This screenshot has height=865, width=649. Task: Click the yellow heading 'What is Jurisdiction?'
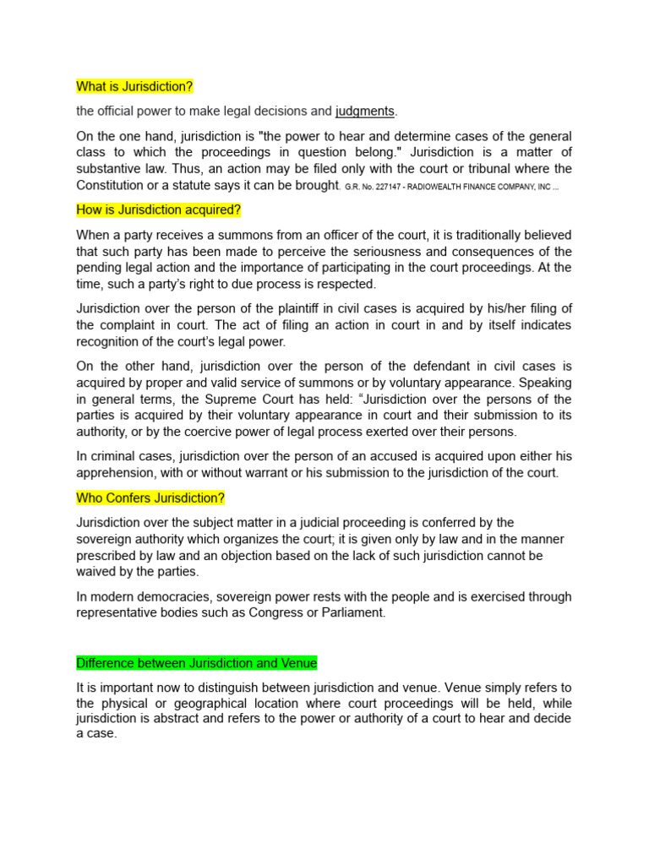[135, 86]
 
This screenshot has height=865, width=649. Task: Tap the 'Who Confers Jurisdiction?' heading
[150, 498]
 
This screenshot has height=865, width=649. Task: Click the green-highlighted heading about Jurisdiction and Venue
[197, 662]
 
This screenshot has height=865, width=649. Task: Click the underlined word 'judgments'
[365, 111]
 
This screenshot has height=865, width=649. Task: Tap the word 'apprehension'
[115, 473]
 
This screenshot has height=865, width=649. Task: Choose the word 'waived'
[95, 572]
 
